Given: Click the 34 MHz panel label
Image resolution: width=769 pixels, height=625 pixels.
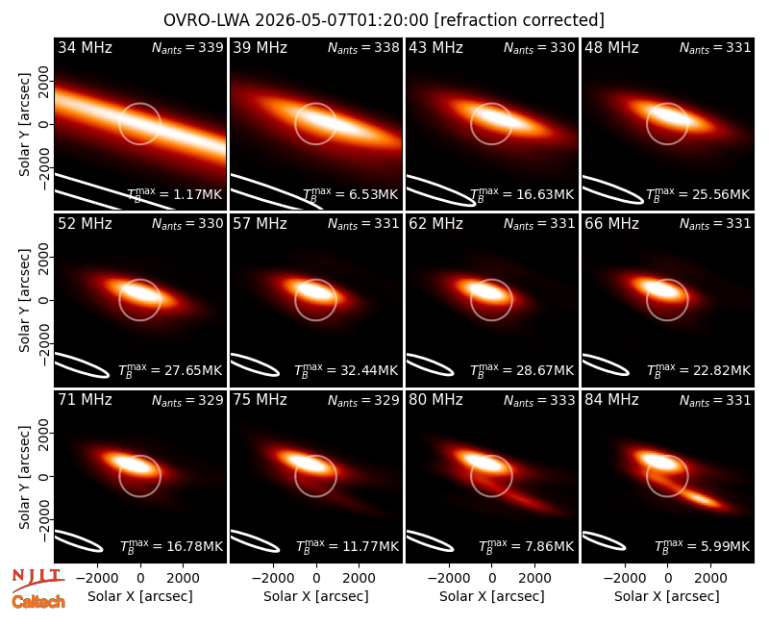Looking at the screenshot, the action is (85, 47).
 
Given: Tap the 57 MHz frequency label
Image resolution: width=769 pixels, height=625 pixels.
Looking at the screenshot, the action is (260, 224).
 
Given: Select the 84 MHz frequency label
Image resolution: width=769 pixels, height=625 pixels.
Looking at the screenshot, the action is (611, 400).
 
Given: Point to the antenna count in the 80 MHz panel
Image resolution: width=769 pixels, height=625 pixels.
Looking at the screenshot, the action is (539, 400).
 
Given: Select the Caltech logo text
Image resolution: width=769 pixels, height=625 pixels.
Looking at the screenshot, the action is (38, 602).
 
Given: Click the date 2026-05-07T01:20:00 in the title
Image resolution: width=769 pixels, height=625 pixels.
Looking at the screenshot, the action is (342, 20).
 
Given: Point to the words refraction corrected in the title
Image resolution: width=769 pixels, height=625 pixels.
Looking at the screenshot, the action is (519, 20).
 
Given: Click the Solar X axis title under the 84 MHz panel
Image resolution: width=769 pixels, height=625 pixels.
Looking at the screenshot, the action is (667, 596).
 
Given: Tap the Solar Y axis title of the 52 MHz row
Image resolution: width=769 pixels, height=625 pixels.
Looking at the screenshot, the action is (25, 300).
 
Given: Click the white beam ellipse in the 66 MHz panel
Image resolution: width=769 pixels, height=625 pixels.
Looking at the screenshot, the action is (605, 364).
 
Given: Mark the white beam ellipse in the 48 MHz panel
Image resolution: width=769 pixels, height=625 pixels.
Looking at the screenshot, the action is (613, 189).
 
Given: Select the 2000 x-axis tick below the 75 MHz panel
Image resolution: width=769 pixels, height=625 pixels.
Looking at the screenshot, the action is (359, 579).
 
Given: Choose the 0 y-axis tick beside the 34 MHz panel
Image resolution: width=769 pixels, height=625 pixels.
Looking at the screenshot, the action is (44, 125).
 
